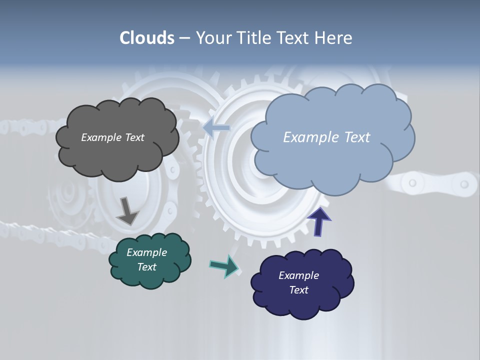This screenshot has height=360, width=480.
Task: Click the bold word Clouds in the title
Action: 146,38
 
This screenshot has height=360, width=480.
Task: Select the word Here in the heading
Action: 333,38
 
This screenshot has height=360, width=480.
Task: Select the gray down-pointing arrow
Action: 127,210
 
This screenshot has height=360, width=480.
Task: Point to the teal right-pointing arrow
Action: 224,266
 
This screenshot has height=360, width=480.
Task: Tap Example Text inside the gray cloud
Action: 112,137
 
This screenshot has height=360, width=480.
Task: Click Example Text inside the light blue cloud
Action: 326,137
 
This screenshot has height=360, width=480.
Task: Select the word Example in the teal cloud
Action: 146,252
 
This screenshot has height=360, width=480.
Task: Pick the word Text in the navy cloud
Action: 298,290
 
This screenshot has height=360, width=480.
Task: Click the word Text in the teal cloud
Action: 146,267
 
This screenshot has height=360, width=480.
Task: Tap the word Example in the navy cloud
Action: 298,275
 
